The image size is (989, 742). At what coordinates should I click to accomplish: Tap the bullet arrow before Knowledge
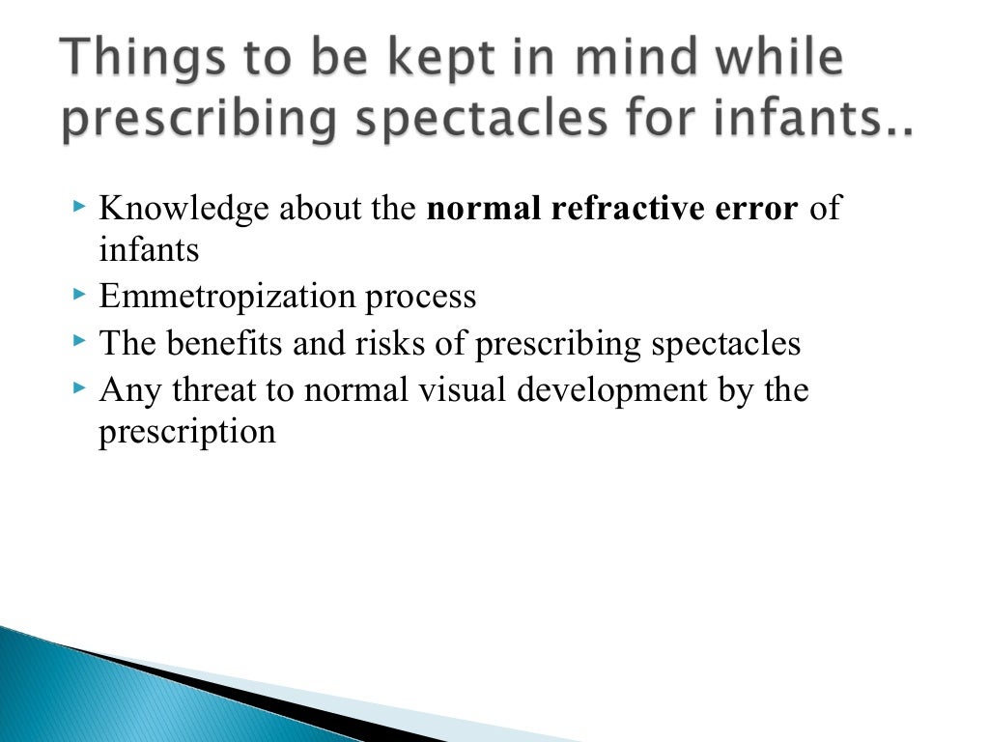click(x=80, y=206)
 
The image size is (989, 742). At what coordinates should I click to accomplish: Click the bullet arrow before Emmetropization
click(x=80, y=293)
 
